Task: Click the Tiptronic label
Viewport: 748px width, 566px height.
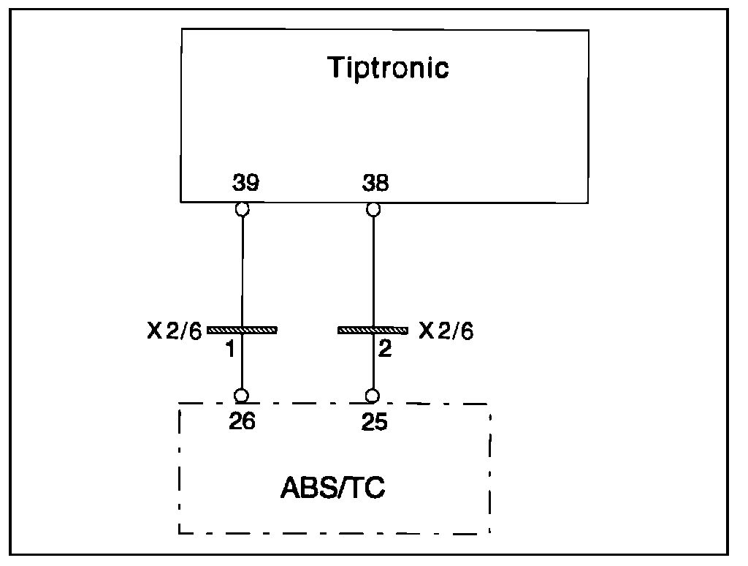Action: pos(388,68)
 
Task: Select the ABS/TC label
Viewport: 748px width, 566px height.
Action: pos(333,488)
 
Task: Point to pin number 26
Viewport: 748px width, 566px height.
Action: pos(242,422)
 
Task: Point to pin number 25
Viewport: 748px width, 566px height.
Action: pos(374,422)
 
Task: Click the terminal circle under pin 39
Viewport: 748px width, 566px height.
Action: pos(243,210)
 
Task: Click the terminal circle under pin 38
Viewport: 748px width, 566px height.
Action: pos(373,210)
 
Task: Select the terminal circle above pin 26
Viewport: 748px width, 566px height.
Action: pos(242,396)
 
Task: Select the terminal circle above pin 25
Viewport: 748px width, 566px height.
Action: pos(373,396)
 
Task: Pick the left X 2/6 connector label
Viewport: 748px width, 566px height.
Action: pos(173,331)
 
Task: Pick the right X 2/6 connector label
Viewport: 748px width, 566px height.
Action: pos(446,331)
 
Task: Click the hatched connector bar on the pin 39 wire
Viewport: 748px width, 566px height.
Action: pos(243,331)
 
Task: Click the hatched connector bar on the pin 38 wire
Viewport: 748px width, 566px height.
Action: pos(373,331)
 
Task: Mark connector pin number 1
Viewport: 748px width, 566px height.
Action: pos(229,350)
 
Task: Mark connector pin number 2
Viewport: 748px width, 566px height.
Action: pos(385,349)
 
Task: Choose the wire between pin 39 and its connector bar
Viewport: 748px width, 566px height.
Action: pos(243,271)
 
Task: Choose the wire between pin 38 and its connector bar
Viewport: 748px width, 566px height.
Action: pos(373,271)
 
